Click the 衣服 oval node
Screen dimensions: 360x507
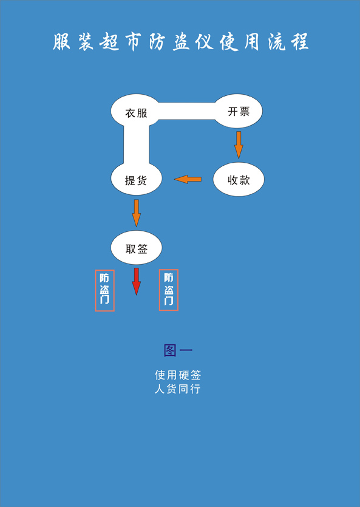point(136,111)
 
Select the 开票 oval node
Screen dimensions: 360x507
point(239,111)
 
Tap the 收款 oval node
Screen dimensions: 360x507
point(239,179)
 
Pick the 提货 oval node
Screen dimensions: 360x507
point(136,179)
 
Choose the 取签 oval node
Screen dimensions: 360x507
point(137,248)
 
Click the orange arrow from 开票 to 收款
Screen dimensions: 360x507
point(239,145)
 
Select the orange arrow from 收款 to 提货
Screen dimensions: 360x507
point(188,179)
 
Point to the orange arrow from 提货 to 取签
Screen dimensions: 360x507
point(137,213)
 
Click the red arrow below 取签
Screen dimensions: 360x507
point(137,281)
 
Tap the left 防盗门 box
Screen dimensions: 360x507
point(104,290)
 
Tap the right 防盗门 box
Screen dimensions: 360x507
point(169,290)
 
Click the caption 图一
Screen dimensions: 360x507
point(178,350)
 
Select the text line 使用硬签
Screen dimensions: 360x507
point(178,375)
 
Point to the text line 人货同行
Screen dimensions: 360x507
point(178,389)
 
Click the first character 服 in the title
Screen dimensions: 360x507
point(61,41)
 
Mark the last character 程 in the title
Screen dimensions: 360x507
point(299,41)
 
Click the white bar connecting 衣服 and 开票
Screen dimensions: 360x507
point(187,111)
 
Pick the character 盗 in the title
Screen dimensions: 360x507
point(181,42)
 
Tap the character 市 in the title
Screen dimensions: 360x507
point(134,42)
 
